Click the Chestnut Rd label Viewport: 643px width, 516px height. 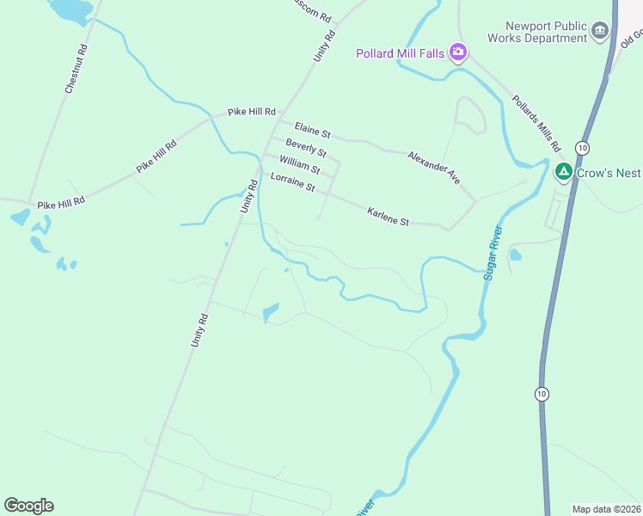click(x=77, y=68)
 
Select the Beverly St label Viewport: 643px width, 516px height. click(x=306, y=148)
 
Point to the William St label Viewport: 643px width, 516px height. click(x=299, y=163)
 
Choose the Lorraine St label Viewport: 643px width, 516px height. click(x=292, y=181)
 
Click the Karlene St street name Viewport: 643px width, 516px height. click(x=388, y=216)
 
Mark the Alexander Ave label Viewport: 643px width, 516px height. click(x=434, y=167)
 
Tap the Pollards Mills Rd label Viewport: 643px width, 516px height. click(x=536, y=120)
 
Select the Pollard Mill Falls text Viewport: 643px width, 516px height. click(x=401, y=53)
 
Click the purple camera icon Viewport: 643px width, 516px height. click(x=458, y=53)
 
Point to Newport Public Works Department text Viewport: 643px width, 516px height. click(x=535, y=33)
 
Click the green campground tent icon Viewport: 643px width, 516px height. click(x=564, y=173)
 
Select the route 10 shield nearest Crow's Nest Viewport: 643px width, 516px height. click(x=582, y=147)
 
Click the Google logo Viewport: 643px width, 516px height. click(x=28, y=505)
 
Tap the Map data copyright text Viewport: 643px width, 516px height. click(x=607, y=509)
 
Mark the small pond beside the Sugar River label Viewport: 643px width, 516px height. click(x=515, y=255)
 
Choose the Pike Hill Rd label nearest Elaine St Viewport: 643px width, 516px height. click(x=252, y=112)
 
